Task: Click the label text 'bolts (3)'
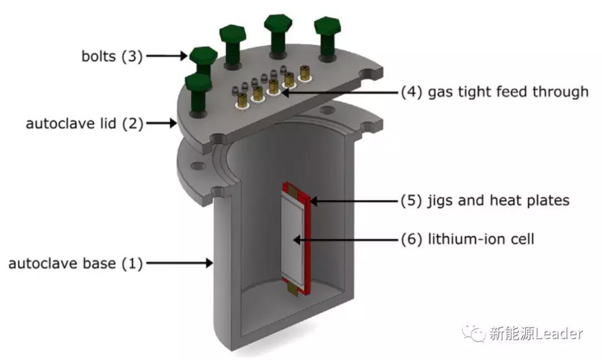[110, 56]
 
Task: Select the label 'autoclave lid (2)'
[84, 123]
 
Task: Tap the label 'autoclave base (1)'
[75, 263]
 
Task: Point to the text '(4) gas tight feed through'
[494, 91]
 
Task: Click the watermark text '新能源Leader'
[536, 334]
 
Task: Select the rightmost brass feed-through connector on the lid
[305, 72]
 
